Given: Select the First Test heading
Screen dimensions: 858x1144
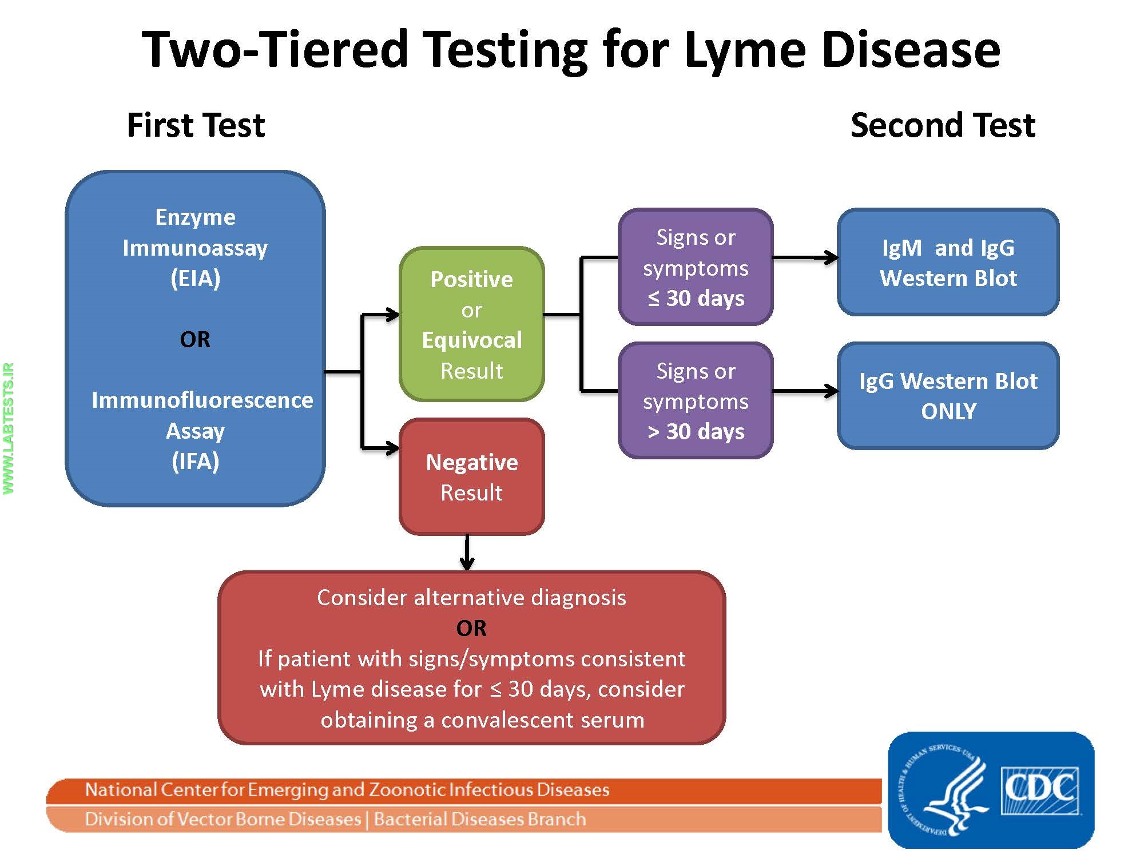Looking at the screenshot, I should tap(196, 125).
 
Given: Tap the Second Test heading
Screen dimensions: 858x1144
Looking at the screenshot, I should tap(943, 125).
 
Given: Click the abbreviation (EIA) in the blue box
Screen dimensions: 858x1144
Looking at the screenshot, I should tap(195, 279).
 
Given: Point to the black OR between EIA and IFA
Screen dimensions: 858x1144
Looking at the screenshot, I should tap(195, 339).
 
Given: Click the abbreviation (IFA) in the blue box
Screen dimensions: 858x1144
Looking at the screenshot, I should tap(195, 461).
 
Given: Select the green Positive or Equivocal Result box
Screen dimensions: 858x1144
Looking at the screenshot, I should tap(471, 324).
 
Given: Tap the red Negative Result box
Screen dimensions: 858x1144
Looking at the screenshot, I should tap(471, 476).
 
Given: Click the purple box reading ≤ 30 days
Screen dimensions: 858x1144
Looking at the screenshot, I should tap(696, 267).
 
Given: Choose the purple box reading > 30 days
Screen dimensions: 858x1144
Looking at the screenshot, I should tap(696, 400).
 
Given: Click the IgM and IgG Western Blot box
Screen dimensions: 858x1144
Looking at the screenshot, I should tap(948, 263).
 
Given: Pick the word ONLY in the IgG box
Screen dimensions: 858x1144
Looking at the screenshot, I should tap(948, 411).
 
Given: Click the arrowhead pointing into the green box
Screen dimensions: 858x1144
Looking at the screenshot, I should tap(392, 314).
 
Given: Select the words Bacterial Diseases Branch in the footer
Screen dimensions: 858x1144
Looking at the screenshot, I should tap(479, 819).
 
